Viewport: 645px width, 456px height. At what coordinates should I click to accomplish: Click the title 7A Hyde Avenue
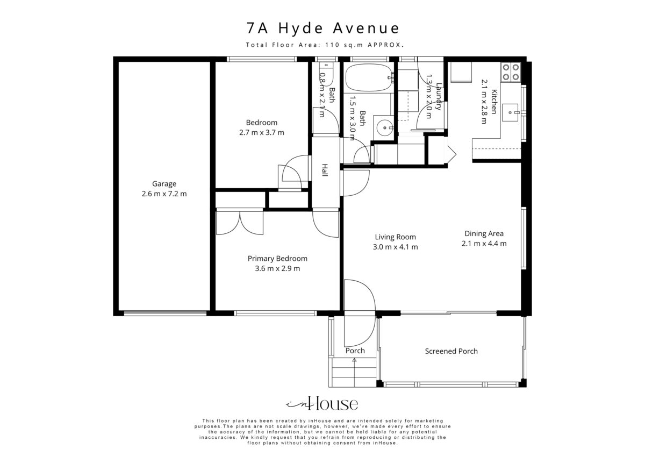pyautogui.click(x=323, y=28)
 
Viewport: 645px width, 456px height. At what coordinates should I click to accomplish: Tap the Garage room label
pyautogui.click(x=164, y=184)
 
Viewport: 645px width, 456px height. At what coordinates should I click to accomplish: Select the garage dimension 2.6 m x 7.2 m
pyautogui.click(x=164, y=194)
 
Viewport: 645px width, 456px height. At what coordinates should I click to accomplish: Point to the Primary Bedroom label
pyautogui.click(x=277, y=259)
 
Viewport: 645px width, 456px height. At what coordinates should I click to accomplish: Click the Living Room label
pyautogui.click(x=396, y=237)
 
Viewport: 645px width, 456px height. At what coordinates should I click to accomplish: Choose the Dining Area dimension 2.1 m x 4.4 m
pyautogui.click(x=484, y=244)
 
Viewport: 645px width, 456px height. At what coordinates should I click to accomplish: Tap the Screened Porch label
pyautogui.click(x=451, y=351)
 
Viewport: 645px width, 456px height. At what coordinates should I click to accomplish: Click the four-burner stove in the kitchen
pyautogui.click(x=511, y=72)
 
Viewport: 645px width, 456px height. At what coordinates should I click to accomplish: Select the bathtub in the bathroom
pyautogui.click(x=369, y=77)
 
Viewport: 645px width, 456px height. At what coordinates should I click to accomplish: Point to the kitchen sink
pyautogui.click(x=510, y=112)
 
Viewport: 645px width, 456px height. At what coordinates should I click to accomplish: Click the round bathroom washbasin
pyautogui.click(x=385, y=127)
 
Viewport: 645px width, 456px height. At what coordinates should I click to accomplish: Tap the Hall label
pyautogui.click(x=325, y=170)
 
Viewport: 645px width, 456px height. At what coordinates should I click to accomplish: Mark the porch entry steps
pyautogui.click(x=354, y=373)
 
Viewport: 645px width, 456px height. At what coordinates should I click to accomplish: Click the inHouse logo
pyautogui.click(x=322, y=403)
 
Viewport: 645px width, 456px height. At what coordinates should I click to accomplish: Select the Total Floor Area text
pyautogui.click(x=325, y=45)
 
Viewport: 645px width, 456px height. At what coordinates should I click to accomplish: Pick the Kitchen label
pyautogui.click(x=494, y=102)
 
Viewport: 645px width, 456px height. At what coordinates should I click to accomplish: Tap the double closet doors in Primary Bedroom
pyautogui.click(x=240, y=223)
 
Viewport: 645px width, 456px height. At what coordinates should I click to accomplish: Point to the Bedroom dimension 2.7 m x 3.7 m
pyautogui.click(x=261, y=133)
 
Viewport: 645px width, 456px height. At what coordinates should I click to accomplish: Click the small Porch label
pyautogui.click(x=355, y=351)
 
